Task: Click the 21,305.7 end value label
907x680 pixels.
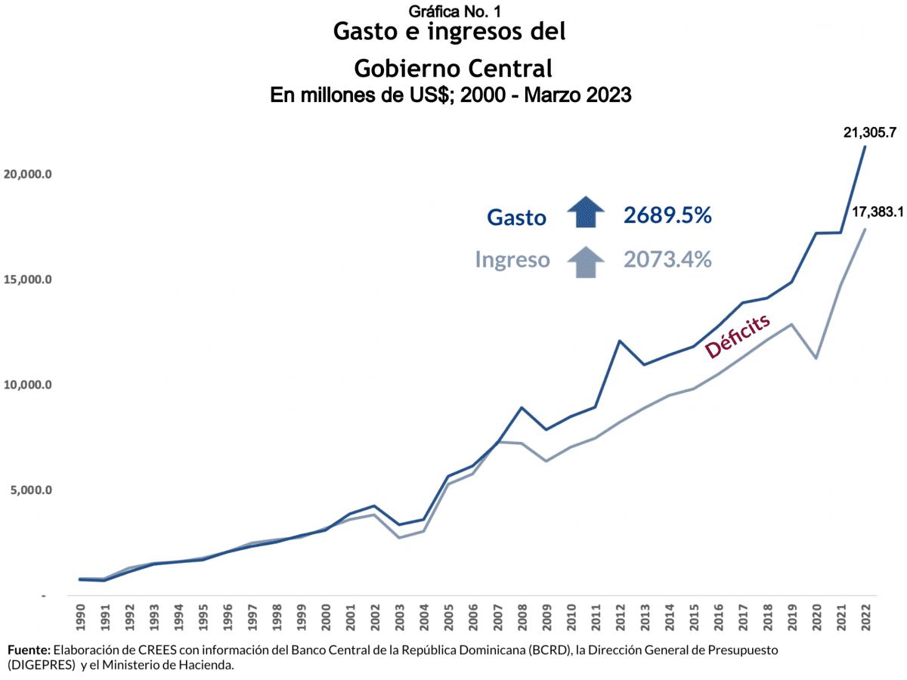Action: click(x=870, y=133)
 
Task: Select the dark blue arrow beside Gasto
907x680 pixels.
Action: click(x=587, y=212)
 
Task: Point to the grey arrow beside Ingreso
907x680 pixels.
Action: click(x=587, y=261)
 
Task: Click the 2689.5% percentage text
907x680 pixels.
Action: click(x=667, y=215)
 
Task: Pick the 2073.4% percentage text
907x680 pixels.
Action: click(x=667, y=260)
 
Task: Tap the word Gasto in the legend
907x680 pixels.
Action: click(x=516, y=218)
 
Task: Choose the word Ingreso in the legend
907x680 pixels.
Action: click(x=512, y=260)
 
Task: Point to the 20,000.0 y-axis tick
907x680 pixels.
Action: click(x=26, y=175)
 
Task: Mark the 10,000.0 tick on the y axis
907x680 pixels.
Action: click(x=26, y=385)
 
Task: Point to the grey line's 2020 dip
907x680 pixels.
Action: click(x=816, y=357)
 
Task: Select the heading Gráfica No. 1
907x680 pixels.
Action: click(x=453, y=11)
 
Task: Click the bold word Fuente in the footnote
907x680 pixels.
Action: click(x=29, y=650)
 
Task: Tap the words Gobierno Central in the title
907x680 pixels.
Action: click(x=453, y=69)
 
